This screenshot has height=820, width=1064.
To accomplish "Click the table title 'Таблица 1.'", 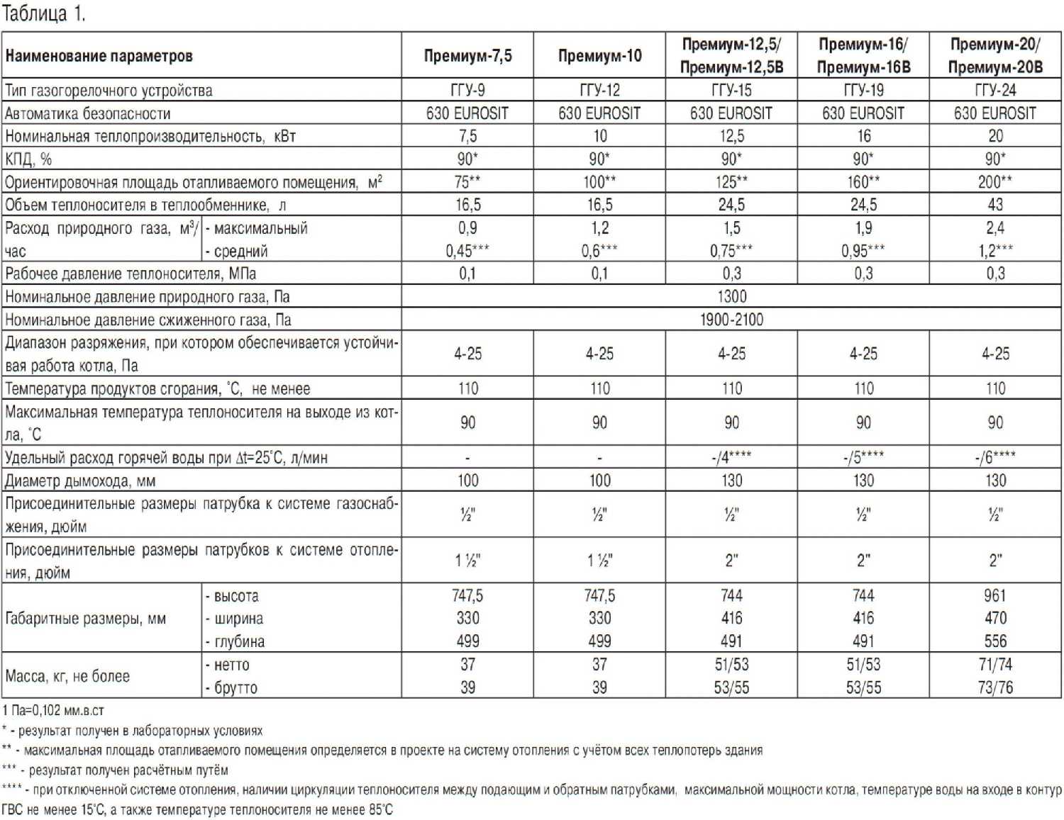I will [x=43, y=13].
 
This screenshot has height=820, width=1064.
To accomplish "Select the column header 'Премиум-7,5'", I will [x=467, y=55].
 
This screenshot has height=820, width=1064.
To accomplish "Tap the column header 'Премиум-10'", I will [x=599, y=55].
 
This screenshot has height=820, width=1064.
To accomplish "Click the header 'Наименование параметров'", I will [x=99, y=55].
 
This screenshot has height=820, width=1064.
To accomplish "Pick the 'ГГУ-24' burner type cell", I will [x=995, y=90].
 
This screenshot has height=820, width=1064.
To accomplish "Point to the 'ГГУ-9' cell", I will [x=467, y=90].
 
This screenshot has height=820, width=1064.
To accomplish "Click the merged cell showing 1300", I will [x=731, y=296].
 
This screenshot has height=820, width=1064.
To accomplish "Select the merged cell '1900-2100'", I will [x=731, y=320].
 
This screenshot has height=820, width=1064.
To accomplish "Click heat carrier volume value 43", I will [x=995, y=205].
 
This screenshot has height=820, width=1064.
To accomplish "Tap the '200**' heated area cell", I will [x=995, y=181].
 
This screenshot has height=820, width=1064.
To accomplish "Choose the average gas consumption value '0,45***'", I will [x=467, y=250].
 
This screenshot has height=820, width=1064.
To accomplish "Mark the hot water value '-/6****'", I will [x=995, y=457].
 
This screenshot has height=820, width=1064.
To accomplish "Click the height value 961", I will [x=995, y=595].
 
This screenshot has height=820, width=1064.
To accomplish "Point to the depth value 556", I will [x=995, y=641].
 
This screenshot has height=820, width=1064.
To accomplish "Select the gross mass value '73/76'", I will [x=995, y=687].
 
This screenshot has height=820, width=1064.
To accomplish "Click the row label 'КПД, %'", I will [x=28, y=159].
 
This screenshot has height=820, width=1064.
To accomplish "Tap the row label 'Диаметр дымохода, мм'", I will [x=80, y=481].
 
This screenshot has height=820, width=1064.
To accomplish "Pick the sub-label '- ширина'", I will [x=234, y=618].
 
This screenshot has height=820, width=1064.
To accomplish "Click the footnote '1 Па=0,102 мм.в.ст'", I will [x=53, y=710].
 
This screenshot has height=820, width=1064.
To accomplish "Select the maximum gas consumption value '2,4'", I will [x=995, y=228].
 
